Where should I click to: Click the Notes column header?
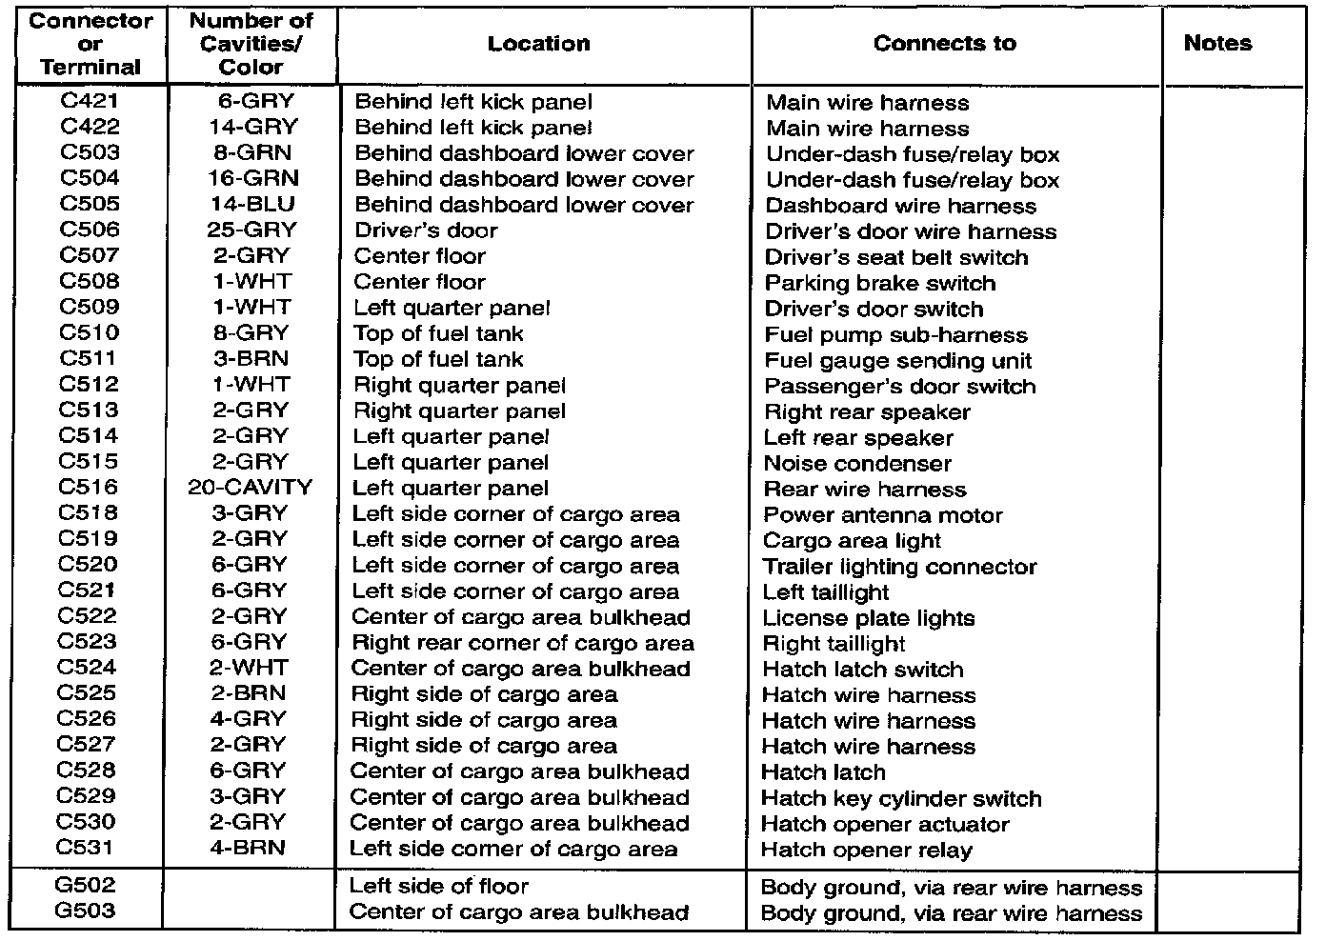click(1217, 43)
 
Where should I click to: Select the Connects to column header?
click(944, 43)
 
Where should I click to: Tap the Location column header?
click(538, 44)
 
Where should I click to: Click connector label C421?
click(90, 101)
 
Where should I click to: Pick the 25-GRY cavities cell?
click(251, 230)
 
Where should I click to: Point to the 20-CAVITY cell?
click(251, 487)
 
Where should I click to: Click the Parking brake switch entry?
click(879, 283)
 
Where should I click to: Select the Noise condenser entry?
click(857, 464)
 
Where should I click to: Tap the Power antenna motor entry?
click(883, 515)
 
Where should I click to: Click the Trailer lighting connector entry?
click(899, 567)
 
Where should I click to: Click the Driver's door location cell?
click(426, 230)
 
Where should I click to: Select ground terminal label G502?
click(86, 885)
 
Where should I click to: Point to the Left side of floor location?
click(439, 886)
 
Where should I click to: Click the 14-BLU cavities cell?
click(251, 204)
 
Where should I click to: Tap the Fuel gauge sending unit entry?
click(898, 361)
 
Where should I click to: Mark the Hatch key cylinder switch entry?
click(901, 798)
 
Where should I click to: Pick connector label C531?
click(87, 847)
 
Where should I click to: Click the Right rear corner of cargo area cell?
click(523, 643)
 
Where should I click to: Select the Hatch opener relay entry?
click(867, 850)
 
